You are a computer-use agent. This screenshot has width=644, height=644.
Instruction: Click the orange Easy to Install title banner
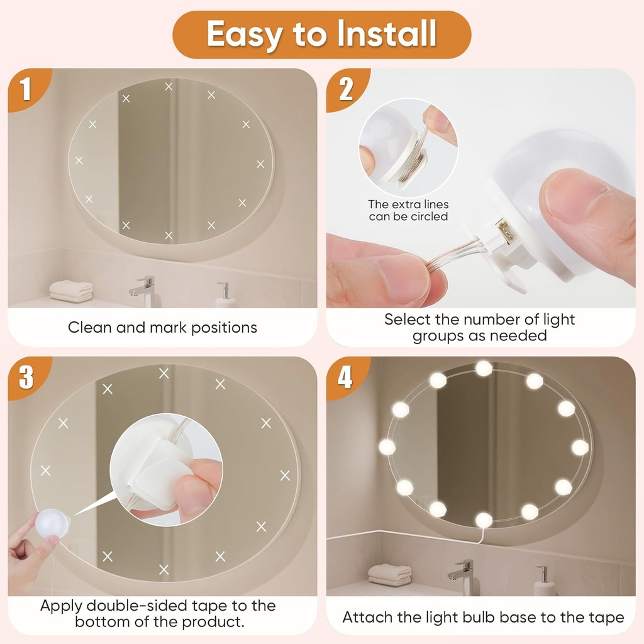tap(321, 35)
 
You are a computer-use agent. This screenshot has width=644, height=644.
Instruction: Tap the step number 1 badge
tap(25, 90)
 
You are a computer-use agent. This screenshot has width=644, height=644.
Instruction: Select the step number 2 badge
tap(345, 90)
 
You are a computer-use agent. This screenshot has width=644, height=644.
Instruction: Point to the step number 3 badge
tap(26, 378)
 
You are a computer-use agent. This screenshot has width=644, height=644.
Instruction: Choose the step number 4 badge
tap(345, 378)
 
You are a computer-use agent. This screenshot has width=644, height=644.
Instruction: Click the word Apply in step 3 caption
tap(62, 606)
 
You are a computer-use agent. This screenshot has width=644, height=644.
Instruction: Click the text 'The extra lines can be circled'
tap(408, 211)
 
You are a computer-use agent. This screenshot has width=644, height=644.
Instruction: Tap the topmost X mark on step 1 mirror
tap(169, 86)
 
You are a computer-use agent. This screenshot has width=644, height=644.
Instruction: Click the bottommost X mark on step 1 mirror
tap(169, 235)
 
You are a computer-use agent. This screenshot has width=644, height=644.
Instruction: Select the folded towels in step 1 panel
tap(71, 291)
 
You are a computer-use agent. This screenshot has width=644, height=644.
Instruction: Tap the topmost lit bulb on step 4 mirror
tap(484, 368)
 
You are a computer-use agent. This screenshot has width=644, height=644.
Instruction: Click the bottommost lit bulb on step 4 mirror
tap(484, 519)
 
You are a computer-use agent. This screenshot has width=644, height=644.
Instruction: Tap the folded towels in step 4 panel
tap(390, 574)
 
